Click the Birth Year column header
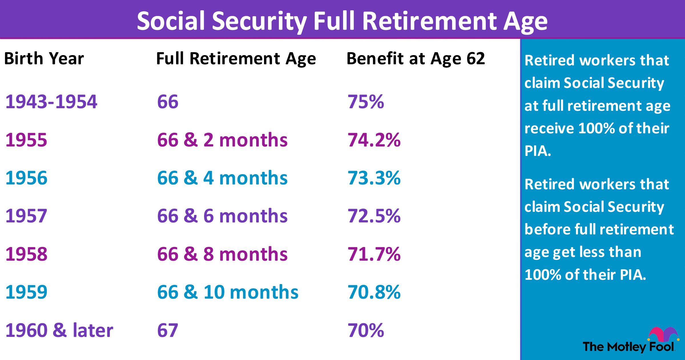click(44, 59)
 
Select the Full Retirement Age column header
click(236, 59)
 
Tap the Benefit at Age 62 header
click(416, 59)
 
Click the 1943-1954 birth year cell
click(51, 102)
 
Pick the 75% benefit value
click(366, 102)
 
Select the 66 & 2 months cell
click(222, 140)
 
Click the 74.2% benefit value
click(374, 140)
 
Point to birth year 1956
click(26, 178)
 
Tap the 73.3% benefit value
click(374, 178)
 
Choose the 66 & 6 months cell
click(222, 216)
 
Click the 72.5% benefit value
click(374, 216)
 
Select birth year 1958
click(26, 254)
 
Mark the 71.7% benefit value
click(374, 254)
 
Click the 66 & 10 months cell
click(228, 292)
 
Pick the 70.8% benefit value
click(374, 292)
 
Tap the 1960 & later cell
click(59, 330)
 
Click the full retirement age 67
click(168, 330)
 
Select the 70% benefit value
click(366, 330)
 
